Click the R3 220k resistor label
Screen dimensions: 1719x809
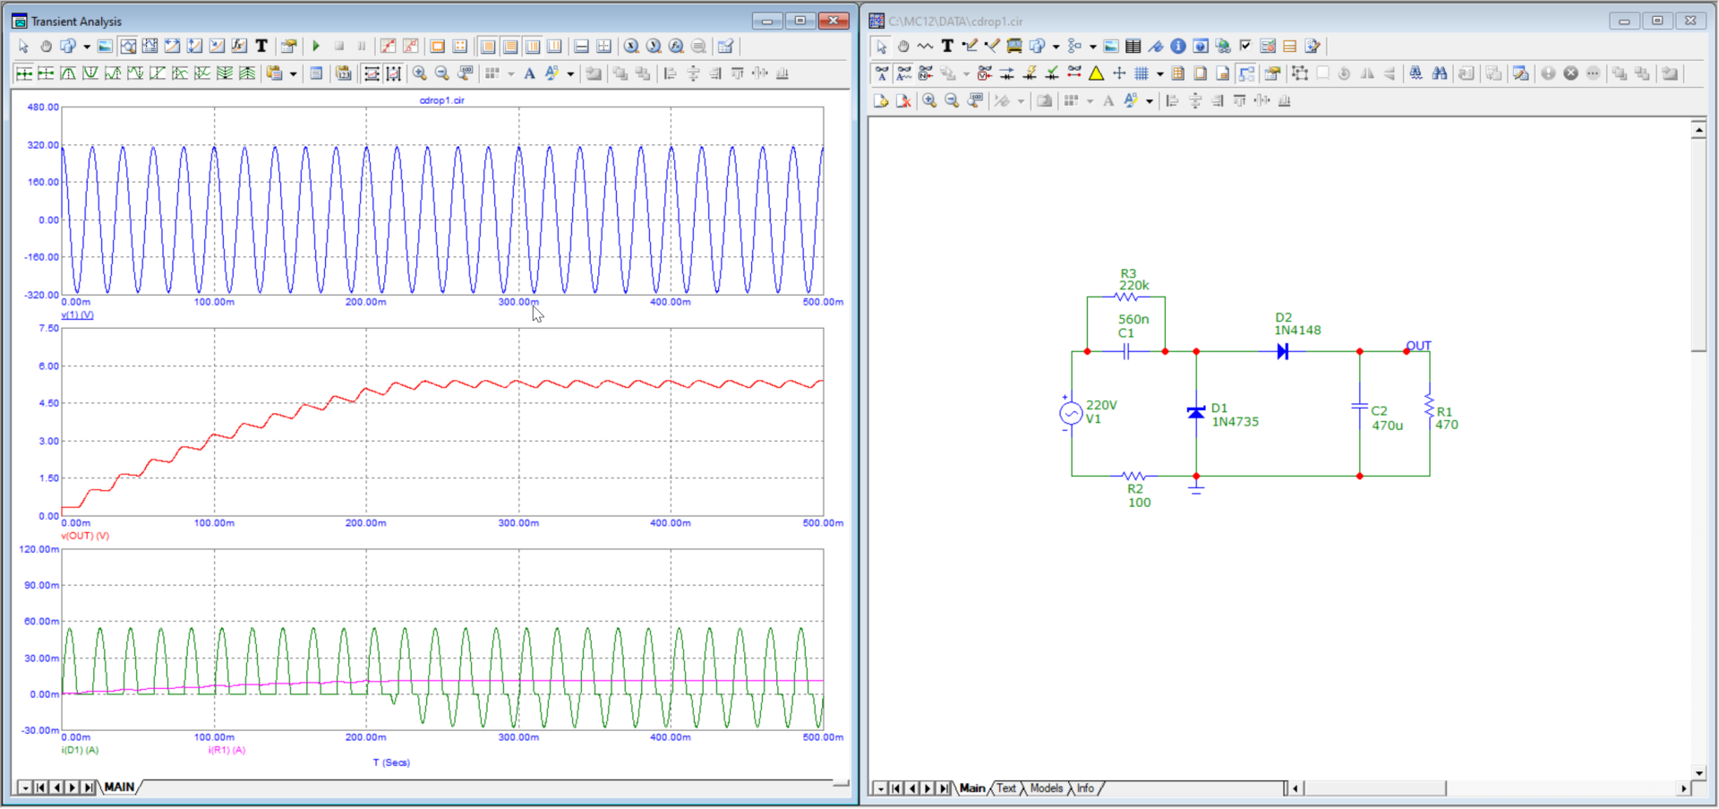1133,280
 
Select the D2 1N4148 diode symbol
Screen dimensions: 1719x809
1283,351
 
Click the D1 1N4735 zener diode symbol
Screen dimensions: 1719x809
1196,413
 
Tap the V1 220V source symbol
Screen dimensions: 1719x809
1071,413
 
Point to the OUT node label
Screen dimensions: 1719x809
1418,346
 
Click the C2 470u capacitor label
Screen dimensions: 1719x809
1387,418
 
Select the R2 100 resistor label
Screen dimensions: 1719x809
1139,495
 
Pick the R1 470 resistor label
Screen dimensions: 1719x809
1447,418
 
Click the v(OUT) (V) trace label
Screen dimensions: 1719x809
85,536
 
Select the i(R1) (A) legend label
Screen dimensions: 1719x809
227,750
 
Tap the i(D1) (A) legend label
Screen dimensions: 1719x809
80,750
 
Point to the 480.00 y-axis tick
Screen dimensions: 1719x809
43,107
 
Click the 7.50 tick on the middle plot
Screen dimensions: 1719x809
48,328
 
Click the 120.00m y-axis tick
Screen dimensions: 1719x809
39,549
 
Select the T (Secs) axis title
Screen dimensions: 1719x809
391,762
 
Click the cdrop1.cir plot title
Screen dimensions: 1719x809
442,100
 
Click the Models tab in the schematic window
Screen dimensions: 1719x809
1046,788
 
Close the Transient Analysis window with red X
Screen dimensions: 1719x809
834,21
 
